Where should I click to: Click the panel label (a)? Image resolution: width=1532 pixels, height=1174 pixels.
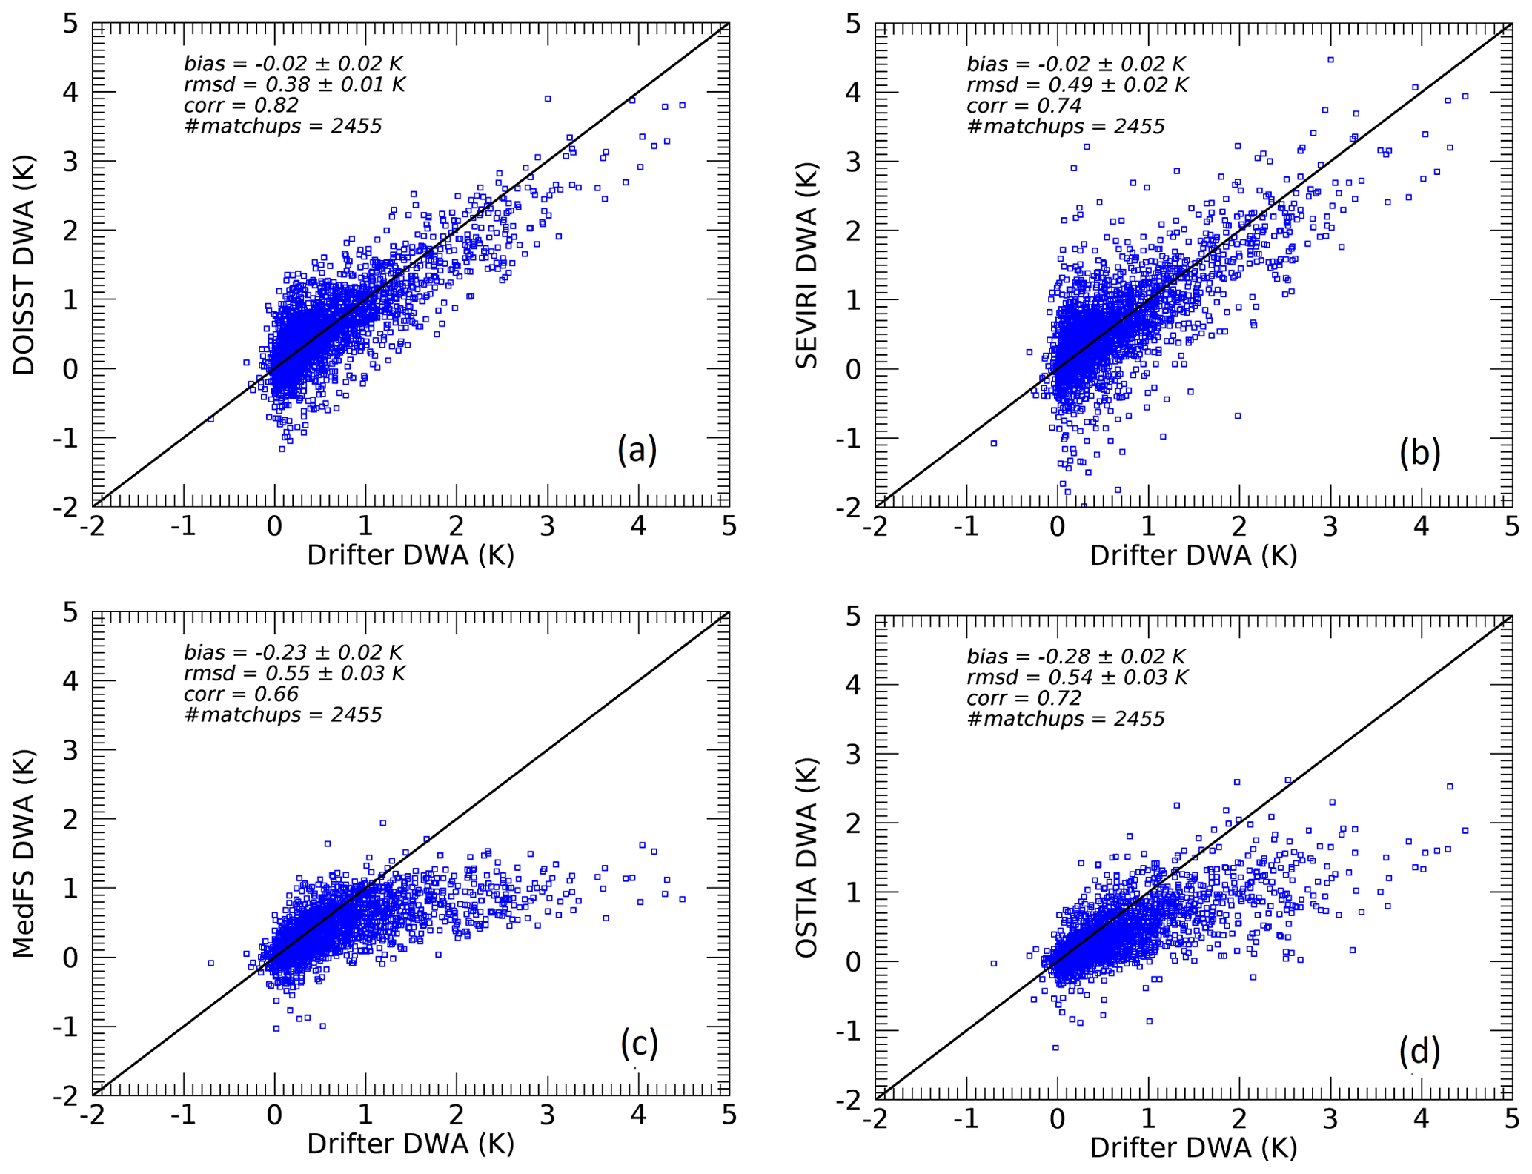[x=637, y=449]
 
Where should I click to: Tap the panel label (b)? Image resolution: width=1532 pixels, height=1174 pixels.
[x=1419, y=452]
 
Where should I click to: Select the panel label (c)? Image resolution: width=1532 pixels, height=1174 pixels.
[x=639, y=1043]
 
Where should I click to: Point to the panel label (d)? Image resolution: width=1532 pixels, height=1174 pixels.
[x=1419, y=1051]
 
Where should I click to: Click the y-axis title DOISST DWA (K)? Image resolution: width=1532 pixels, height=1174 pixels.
[x=24, y=265]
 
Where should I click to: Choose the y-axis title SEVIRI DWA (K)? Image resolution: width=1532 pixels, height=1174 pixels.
[x=806, y=265]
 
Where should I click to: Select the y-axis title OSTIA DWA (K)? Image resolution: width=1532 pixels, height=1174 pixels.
[x=806, y=858]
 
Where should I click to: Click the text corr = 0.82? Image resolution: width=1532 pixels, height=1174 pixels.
[x=241, y=105]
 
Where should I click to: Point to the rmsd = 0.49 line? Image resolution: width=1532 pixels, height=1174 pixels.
[x=1077, y=84]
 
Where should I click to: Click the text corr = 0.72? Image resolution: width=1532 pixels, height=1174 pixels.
[x=1024, y=698]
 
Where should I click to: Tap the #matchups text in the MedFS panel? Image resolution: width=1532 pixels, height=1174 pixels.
[x=282, y=714]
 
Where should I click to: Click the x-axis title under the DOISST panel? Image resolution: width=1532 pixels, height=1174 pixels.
[x=411, y=555]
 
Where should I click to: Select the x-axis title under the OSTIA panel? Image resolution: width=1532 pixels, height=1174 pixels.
[x=1193, y=1147]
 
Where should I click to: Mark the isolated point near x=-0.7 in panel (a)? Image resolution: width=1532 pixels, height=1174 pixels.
[x=210, y=419]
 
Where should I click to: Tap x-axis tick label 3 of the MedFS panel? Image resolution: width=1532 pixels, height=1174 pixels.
[x=547, y=1115]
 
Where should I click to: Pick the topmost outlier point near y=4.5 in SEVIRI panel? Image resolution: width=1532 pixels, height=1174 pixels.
[x=1330, y=59]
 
